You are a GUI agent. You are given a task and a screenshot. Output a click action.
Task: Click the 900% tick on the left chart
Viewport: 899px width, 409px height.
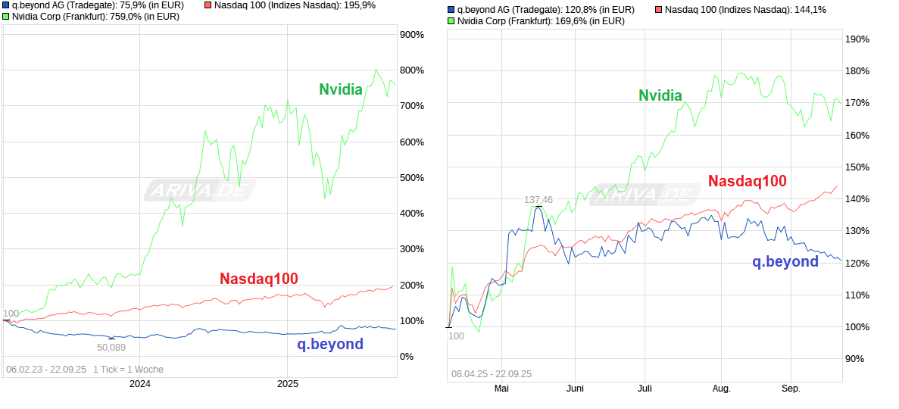click(411, 35)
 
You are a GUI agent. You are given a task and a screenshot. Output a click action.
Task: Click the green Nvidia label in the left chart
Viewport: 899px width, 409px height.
click(340, 89)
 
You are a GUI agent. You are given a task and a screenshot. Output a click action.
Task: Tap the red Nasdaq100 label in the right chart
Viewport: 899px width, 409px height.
click(747, 181)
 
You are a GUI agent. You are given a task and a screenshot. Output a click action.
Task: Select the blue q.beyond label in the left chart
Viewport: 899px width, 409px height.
click(329, 344)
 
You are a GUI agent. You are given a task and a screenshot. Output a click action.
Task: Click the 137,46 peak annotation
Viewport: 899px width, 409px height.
click(538, 200)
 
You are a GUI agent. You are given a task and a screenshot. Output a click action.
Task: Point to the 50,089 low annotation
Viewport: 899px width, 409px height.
click(111, 347)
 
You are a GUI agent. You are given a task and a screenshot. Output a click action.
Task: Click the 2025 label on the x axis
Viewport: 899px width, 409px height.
click(288, 383)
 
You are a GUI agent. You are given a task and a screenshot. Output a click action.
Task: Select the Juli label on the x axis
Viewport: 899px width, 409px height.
click(645, 389)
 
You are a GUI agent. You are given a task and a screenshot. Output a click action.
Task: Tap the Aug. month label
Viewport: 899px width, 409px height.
click(721, 389)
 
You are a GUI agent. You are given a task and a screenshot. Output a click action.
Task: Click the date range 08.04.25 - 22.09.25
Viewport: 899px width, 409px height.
click(492, 373)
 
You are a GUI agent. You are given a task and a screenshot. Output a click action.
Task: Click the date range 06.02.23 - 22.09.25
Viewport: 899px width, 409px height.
click(45, 370)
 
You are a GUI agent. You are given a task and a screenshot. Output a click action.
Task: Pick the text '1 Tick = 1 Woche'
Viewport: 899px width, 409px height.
click(128, 370)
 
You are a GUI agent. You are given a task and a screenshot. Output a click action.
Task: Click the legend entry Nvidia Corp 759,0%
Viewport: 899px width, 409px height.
click(95, 16)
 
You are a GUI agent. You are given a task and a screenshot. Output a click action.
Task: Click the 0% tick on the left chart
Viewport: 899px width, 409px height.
click(406, 356)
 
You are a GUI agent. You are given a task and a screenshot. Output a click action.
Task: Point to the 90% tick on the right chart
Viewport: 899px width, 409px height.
click(857, 359)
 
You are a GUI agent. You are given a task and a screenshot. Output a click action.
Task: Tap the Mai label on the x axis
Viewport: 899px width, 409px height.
click(501, 389)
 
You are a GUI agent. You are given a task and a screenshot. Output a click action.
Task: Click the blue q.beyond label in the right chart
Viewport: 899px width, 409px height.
click(785, 261)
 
